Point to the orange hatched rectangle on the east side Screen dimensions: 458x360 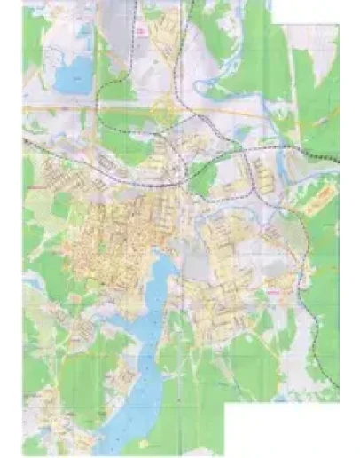(318, 200)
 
